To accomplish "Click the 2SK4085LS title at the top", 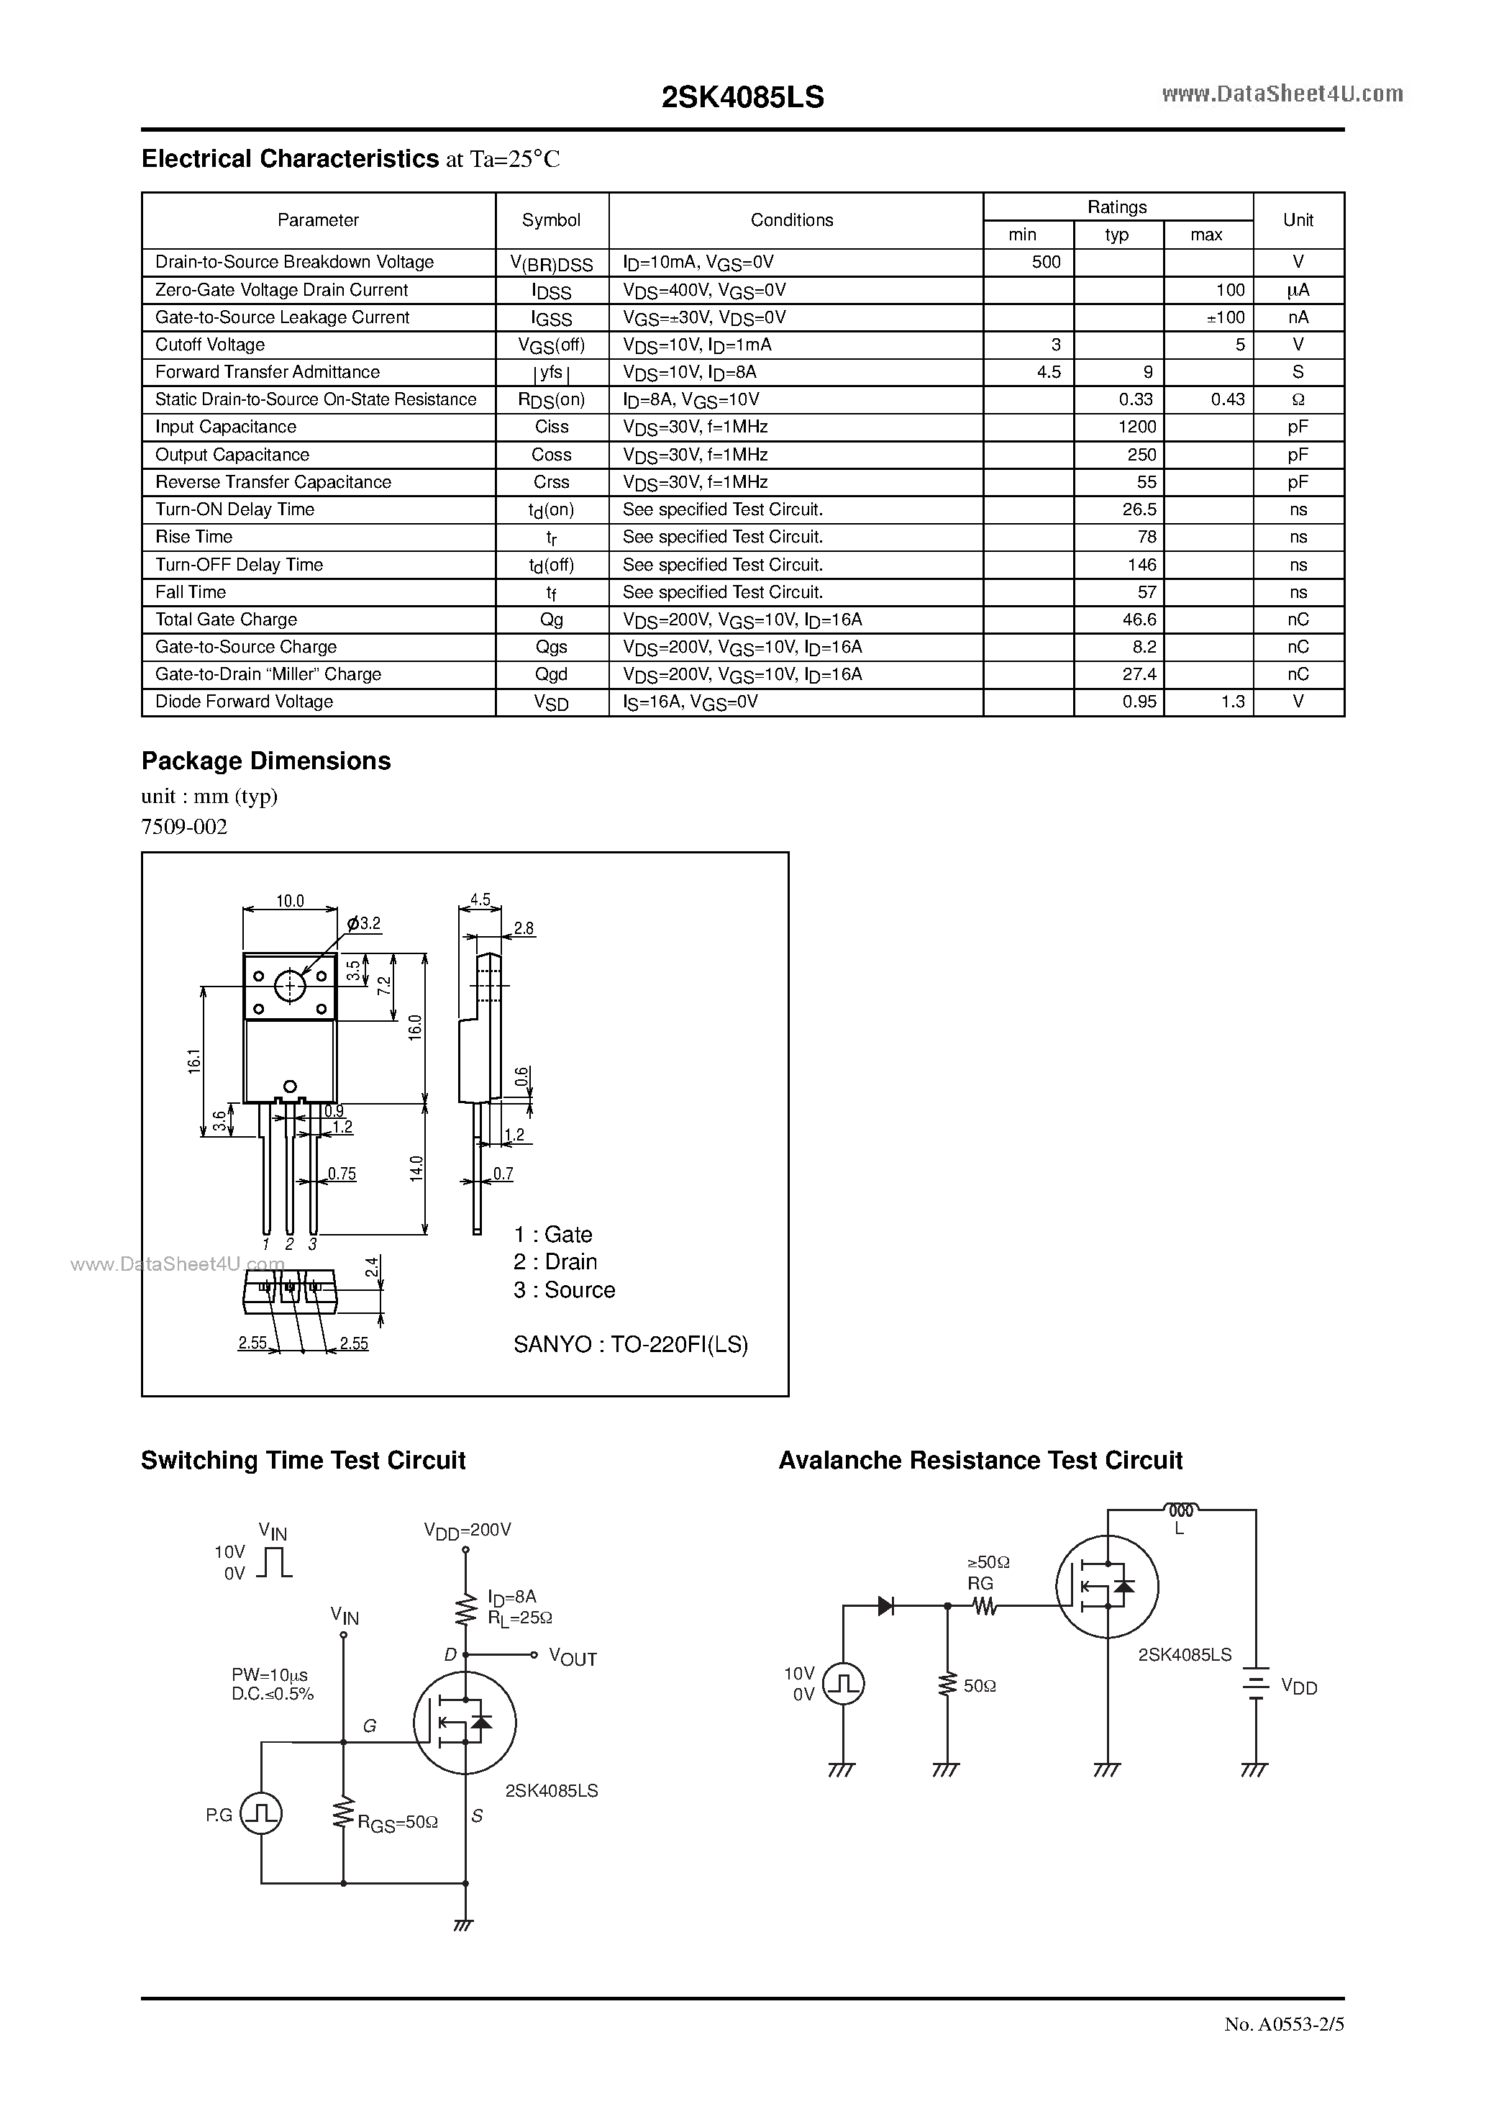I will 742,98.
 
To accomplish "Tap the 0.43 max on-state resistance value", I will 1227,399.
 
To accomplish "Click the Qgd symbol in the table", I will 552,674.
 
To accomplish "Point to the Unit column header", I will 1298,220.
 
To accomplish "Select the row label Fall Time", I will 191,592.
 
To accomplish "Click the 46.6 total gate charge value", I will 1139,620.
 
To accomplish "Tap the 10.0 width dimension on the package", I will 290,902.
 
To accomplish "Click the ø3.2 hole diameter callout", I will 365,924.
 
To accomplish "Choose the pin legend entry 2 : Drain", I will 555,1262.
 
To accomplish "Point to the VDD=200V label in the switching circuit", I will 468,1531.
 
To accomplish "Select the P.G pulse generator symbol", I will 261,1815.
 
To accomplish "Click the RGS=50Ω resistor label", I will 398,1823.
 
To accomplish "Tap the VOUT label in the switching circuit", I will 573,1659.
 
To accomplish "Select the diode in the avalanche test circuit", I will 886,1605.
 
